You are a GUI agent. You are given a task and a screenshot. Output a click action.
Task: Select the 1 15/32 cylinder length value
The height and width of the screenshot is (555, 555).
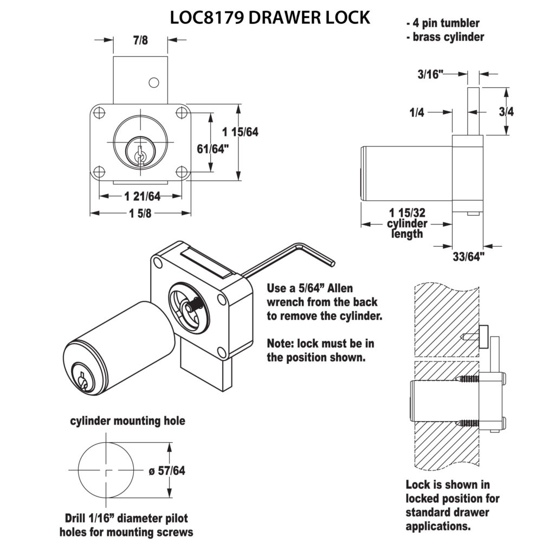pos(407,213)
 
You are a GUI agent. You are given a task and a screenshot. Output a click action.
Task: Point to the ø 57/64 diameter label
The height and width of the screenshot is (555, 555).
pos(166,471)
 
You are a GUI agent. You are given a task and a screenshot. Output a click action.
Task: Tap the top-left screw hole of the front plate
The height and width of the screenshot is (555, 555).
pos(99,114)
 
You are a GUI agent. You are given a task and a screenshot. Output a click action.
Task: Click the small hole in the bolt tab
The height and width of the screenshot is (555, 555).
pos(154,82)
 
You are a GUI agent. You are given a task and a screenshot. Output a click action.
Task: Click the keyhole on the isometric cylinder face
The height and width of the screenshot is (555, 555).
pos(82,379)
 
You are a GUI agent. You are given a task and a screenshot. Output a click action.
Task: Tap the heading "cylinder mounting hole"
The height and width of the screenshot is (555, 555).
pos(127,421)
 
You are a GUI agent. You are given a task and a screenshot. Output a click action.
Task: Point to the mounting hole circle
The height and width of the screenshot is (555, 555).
pos(106,471)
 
